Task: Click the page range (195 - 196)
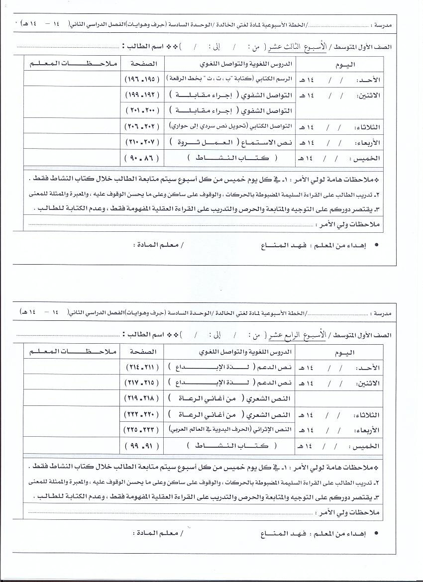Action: coord(141,80)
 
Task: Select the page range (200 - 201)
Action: coord(141,109)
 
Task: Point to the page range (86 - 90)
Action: coord(141,158)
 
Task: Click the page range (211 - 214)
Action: coord(141,368)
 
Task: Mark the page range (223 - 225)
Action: coord(141,429)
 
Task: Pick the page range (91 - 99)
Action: coord(141,445)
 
